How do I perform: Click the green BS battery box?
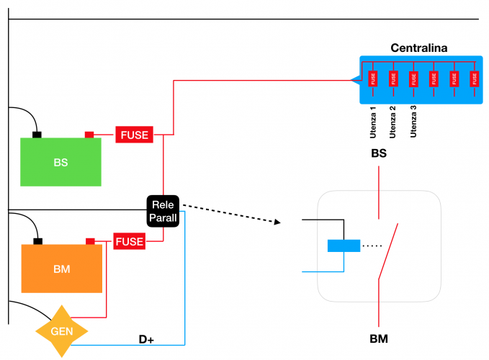[60, 162]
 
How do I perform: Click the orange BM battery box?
[61, 269]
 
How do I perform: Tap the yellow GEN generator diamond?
[61, 331]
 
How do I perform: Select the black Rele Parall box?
[163, 212]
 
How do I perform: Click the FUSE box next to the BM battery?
[130, 242]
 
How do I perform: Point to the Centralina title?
[419, 48]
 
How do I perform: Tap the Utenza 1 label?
[373, 122]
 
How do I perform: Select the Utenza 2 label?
[392, 122]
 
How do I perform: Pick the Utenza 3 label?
[413, 122]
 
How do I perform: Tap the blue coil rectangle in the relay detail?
[344, 246]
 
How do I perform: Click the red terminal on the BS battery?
[90, 134]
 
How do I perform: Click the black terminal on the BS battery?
[37, 134]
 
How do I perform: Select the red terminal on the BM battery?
[90, 241]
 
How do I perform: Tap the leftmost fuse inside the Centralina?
[373, 78]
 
